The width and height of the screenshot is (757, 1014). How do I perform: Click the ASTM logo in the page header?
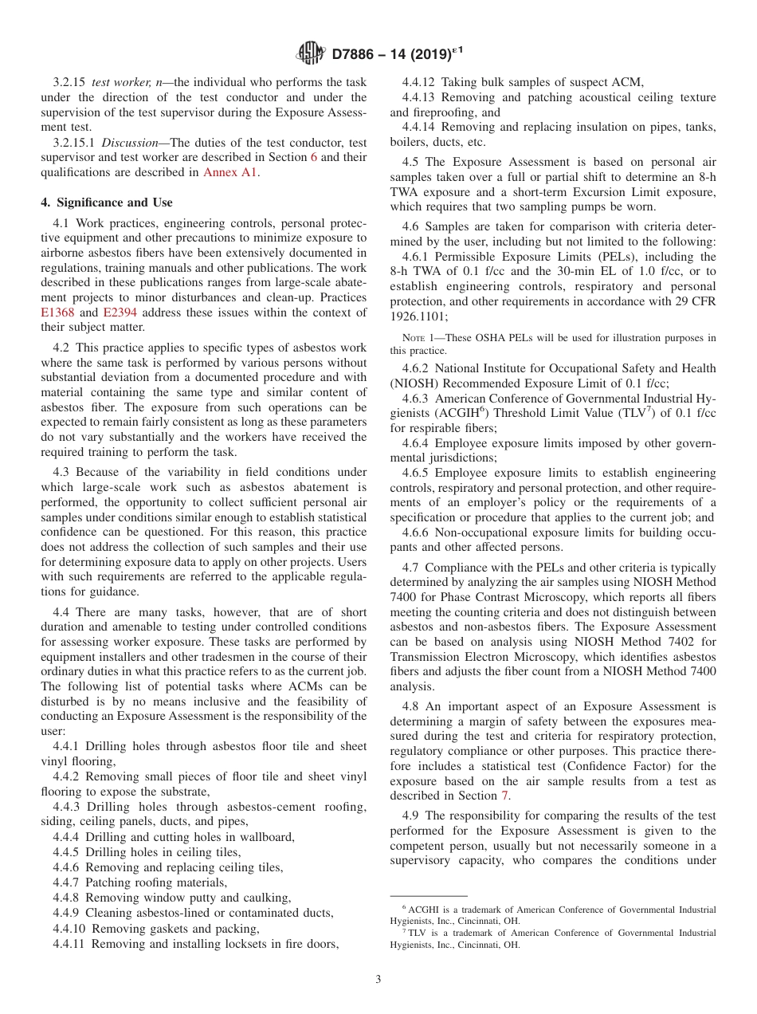(310, 53)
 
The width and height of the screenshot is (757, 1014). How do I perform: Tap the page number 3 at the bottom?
(378, 979)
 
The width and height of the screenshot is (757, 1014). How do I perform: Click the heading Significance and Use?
(106, 202)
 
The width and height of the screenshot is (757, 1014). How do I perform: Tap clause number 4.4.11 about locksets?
(72, 944)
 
